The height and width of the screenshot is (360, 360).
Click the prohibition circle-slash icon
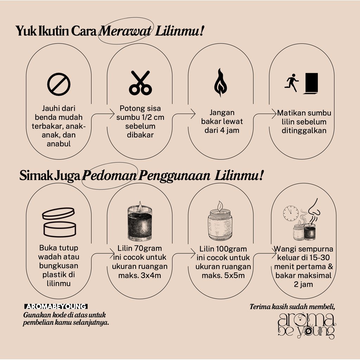point(59,84)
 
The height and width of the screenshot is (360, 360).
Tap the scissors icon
point(140,83)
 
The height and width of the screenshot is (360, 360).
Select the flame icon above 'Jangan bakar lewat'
point(220,82)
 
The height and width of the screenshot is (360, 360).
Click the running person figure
point(291,83)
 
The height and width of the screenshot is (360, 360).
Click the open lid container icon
point(59,222)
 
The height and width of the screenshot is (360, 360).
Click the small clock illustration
point(291,213)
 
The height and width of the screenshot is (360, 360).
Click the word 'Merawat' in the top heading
point(126,31)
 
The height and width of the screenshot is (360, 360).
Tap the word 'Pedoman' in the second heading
point(109,175)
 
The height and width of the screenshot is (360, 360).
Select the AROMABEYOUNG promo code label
point(56,307)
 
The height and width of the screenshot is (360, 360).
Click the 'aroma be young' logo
point(307,326)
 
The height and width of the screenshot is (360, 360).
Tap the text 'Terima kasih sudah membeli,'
point(292,307)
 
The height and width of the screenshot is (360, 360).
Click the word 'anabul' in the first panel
point(59,144)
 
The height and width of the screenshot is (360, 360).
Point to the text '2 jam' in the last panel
point(303,284)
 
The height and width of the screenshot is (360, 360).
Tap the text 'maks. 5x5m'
point(223,275)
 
